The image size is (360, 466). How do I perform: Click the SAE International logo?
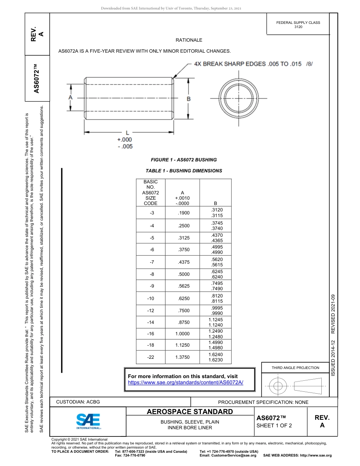[88, 421]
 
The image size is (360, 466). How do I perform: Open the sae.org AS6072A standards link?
[185, 383]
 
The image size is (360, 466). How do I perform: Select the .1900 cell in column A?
[183, 213]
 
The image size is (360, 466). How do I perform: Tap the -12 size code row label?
[151, 311]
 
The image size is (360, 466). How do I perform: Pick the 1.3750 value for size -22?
[182, 357]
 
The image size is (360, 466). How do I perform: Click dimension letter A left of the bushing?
[70, 98]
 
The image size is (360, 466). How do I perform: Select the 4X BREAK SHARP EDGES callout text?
[247, 64]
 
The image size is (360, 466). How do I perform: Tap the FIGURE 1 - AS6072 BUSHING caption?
[184, 160]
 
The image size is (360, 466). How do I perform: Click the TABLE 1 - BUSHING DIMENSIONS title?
[184, 171]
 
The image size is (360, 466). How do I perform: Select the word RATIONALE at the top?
[189, 40]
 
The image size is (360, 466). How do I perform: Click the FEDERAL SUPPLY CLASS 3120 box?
[298, 25]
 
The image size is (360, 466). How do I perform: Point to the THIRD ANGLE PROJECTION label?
[295, 367]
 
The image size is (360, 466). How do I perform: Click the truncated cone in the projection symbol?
[308, 386]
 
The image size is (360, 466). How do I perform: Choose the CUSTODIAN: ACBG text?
[78, 402]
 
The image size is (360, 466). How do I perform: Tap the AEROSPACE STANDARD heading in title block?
[189, 412]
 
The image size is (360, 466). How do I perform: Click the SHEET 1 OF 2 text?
[274, 425]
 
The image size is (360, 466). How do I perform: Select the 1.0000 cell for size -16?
[182, 334]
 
